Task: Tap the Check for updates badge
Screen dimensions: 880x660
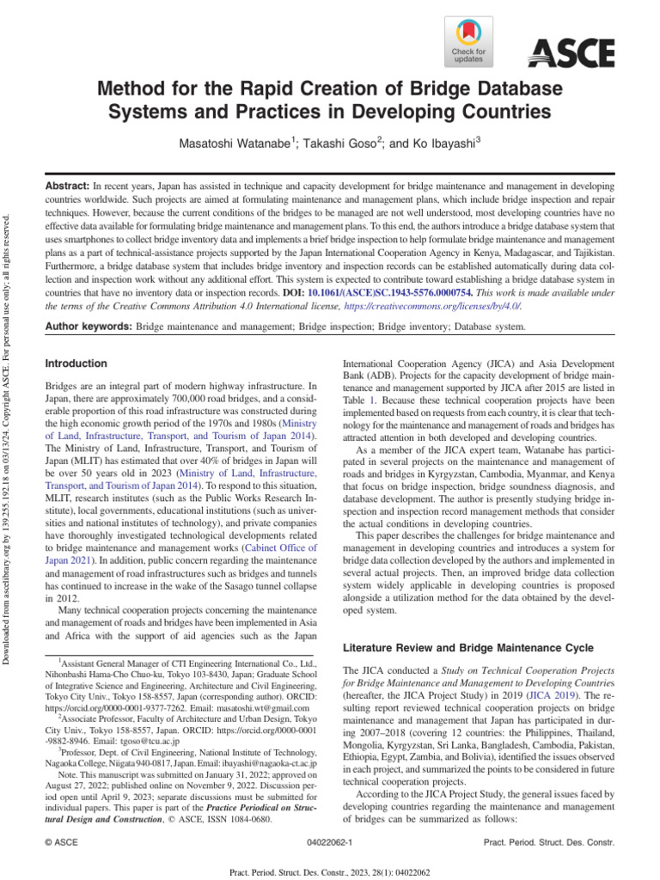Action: [468, 42]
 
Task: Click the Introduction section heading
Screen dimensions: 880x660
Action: [76, 364]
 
